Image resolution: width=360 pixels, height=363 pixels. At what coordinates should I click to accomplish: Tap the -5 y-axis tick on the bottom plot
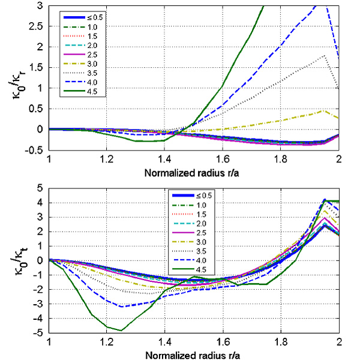pos(42,333)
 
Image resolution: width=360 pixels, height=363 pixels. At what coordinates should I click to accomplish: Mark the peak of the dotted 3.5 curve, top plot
pos(325,55)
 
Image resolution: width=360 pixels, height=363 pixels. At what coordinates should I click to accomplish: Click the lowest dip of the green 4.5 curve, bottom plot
pos(122,330)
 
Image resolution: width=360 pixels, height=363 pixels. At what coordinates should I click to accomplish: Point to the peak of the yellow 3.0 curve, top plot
pos(325,110)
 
